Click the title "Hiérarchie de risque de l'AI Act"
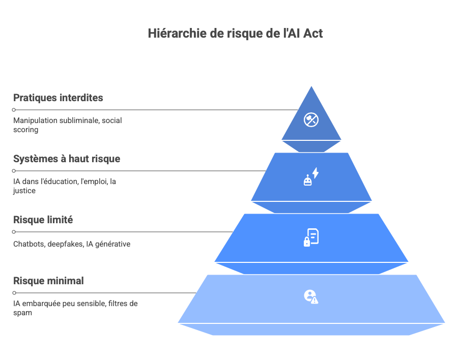pyautogui.click(x=235, y=34)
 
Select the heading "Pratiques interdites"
pyautogui.click(x=58, y=98)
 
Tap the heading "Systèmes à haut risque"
pyautogui.click(x=67, y=159)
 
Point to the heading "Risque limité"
pyautogui.click(x=43, y=220)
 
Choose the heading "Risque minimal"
pyautogui.click(x=48, y=281)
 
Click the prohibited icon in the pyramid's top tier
pyautogui.click(x=310, y=119)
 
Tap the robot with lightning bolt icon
pyautogui.click(x=311, y=176)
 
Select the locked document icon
pyautogui.click(x=311, y=237)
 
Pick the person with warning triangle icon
pyautogui.click(x=310, y=296)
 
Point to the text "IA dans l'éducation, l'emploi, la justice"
pyautogui.click(x=64, y=186)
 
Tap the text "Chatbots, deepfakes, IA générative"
pyautogui.click(x=72, y=244)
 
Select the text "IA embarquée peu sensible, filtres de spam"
pyautogui.click(x=75, y=308)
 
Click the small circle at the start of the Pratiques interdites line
pyautogui.click(x=14, y=110)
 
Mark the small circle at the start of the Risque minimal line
pyautogui.click(x=14, y=293)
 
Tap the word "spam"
pyautogui.click(x=22, y=313)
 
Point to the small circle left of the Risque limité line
pyautogui.click(x=14, y=232)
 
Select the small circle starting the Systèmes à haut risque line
pyautogui.click(x=14, y=171)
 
